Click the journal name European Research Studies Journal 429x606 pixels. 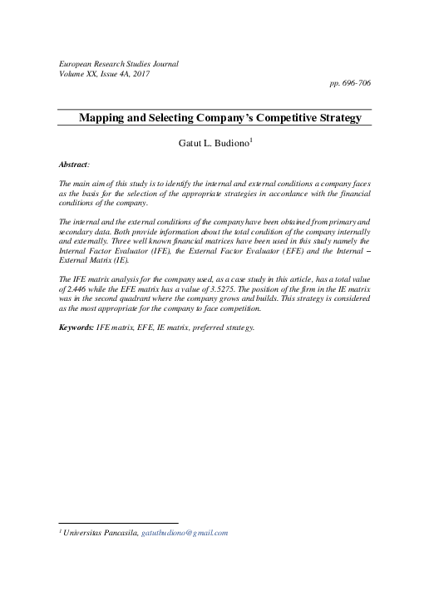[x=118, y=63]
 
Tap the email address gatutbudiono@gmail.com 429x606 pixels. [x=185, y=533]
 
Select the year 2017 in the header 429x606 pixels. [x=141, y=73]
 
